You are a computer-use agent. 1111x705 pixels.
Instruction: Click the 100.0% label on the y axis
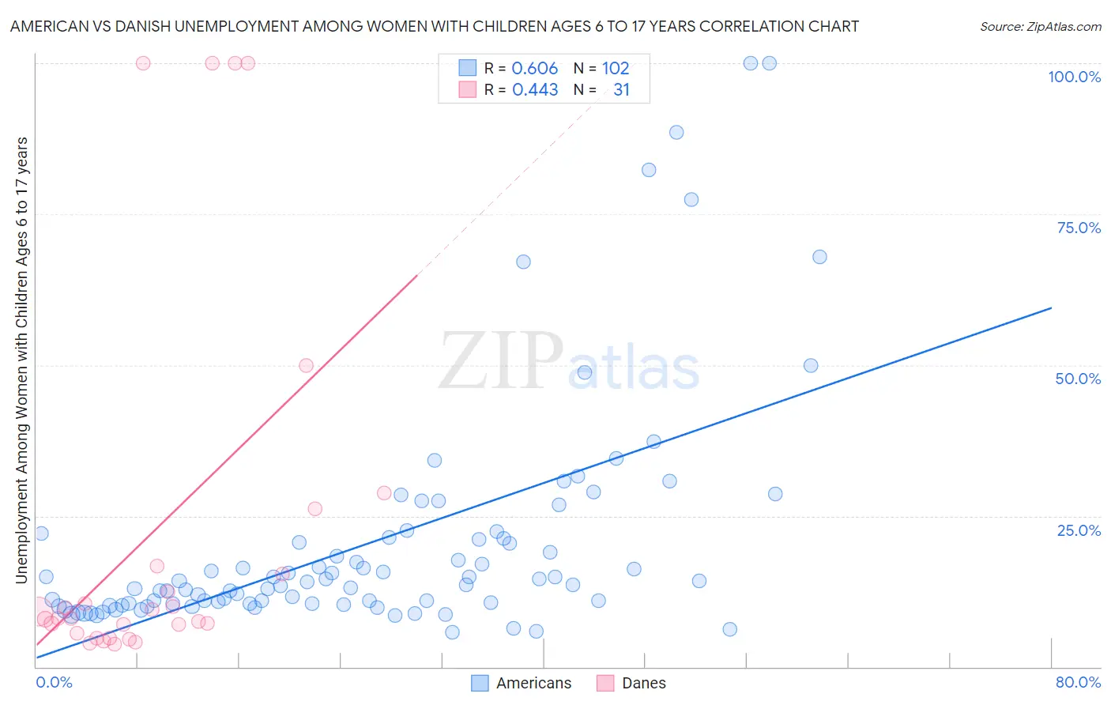pos(1074,77)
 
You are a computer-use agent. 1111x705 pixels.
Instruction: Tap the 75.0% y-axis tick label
pos(1079,228)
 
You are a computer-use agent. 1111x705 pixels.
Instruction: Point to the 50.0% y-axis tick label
pos(1078,379)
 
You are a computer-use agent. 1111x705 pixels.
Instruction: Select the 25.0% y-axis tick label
pos(1079,530)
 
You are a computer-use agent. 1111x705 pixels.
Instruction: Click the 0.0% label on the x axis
pos(54,682)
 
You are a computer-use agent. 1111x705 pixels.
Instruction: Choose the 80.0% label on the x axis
pos(1078,682)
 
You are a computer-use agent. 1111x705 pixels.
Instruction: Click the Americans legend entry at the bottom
pos(533,683)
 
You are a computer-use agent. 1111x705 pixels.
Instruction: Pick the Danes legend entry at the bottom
pos(643,683)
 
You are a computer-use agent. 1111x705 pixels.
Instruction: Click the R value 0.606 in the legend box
pos(535,69)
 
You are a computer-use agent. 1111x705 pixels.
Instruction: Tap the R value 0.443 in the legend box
pos(535,90)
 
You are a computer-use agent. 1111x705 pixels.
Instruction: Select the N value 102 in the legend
pos(616,69)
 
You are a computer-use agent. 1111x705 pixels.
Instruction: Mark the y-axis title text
pos(21,360)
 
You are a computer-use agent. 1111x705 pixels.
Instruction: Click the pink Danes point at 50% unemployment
pos(306,365)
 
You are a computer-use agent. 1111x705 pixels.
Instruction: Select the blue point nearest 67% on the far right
pos(819,257)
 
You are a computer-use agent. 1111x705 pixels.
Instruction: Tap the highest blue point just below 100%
pos(676,132)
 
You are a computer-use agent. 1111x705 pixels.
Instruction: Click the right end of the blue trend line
pos(1051,307)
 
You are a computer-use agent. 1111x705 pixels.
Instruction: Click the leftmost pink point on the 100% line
pos(143,63)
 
